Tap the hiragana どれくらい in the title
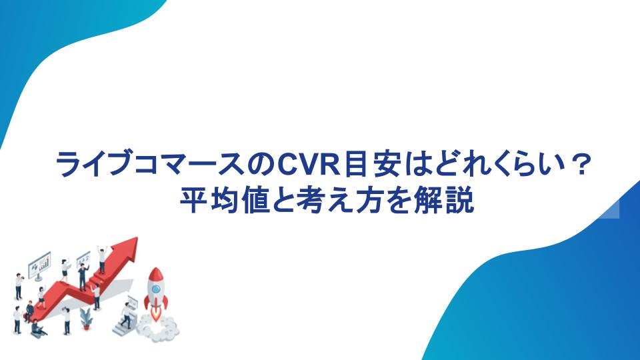[495, 164]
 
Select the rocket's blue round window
[156, 289]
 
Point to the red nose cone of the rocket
[155, 274]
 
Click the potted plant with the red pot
[86, 319]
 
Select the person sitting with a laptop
[37, 329]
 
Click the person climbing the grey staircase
[127, 315]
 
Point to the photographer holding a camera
[19, 287]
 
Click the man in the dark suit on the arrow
[83, 277]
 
